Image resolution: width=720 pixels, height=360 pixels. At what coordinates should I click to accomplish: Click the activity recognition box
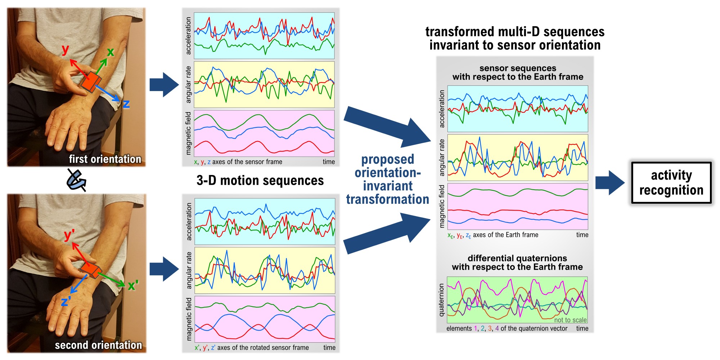(x=671, y=183)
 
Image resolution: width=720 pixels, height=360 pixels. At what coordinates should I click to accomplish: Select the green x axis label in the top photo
(x=111, y=52)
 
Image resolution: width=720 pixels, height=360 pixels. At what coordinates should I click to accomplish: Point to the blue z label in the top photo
(x=126, y=104)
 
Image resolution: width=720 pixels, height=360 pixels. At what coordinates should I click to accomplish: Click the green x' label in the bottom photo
(x=133, y=285)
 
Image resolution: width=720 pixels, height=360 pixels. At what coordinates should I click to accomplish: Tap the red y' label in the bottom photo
(x=69, y=235)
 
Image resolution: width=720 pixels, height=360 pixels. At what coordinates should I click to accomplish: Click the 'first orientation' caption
(x=105, y=159)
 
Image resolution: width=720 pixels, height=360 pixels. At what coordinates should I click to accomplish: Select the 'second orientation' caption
(x=98, y=345)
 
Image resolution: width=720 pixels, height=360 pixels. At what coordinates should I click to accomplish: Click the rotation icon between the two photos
(x=76, y=180)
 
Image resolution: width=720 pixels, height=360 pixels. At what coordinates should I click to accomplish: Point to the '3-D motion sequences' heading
(x=260, y=180)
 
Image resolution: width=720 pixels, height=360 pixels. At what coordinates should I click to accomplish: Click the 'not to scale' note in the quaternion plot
(x=570, y=320)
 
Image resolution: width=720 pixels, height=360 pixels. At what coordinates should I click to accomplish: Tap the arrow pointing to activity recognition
(x=610, y=183)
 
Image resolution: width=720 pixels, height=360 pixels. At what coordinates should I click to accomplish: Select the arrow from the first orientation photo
(x=164, y=85)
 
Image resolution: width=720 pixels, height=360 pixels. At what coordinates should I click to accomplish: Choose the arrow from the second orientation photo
(x=164, y=269)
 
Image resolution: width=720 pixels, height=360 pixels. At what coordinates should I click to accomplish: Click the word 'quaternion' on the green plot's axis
(x=441, y=300)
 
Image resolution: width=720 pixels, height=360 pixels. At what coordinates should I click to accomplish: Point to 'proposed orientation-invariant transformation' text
(x=388, y=179)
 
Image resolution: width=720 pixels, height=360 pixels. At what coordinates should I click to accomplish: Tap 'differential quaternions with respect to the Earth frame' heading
(x=517, y=262)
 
